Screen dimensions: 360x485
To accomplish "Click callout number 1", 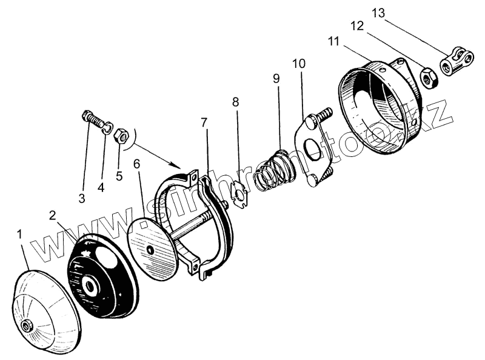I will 22,233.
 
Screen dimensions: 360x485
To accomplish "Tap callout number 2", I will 53,215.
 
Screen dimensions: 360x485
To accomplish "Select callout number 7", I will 205,124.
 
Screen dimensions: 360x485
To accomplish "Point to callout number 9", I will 276,79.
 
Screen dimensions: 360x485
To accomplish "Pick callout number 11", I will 332,42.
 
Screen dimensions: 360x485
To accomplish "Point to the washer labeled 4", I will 107,128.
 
